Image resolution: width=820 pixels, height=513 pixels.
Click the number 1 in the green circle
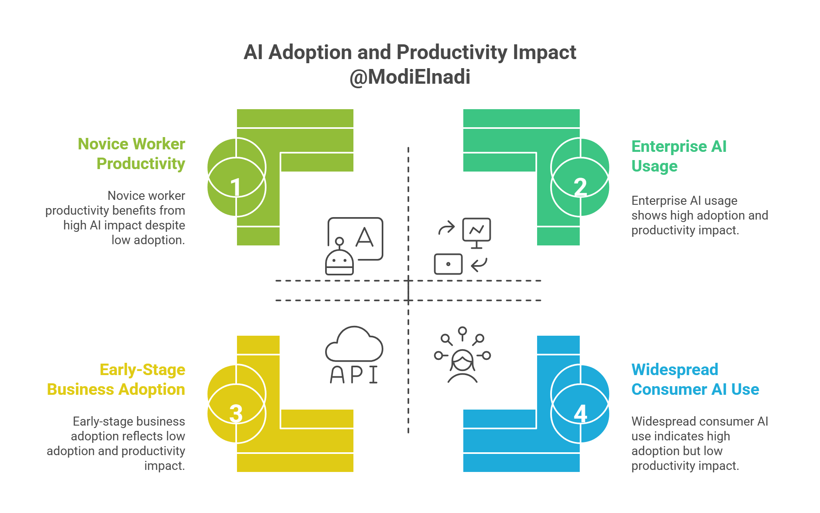pos(235,187)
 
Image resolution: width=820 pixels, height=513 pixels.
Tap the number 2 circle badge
pos(580,187)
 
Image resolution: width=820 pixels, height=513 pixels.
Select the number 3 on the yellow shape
pos(236,413)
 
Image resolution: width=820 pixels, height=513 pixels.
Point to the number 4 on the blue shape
pos(580,413)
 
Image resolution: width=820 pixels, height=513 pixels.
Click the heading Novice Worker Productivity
pos(132,153)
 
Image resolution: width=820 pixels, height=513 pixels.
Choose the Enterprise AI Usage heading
pos(679,156)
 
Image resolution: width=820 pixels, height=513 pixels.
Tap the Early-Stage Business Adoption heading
pos(116,379)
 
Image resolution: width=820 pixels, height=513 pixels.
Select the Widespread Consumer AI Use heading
pos(695,379)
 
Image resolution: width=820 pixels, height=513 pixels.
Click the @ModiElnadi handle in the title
pos(410,77)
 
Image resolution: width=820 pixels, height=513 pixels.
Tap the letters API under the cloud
pos(354,374)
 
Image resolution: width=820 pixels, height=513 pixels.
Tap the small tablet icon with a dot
pos(448,264)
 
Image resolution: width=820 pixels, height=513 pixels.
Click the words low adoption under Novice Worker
pos(148,240)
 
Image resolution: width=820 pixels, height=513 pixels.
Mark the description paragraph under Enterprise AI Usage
pos(699,215)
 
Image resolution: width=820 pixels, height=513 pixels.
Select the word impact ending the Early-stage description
pos(164,466)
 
